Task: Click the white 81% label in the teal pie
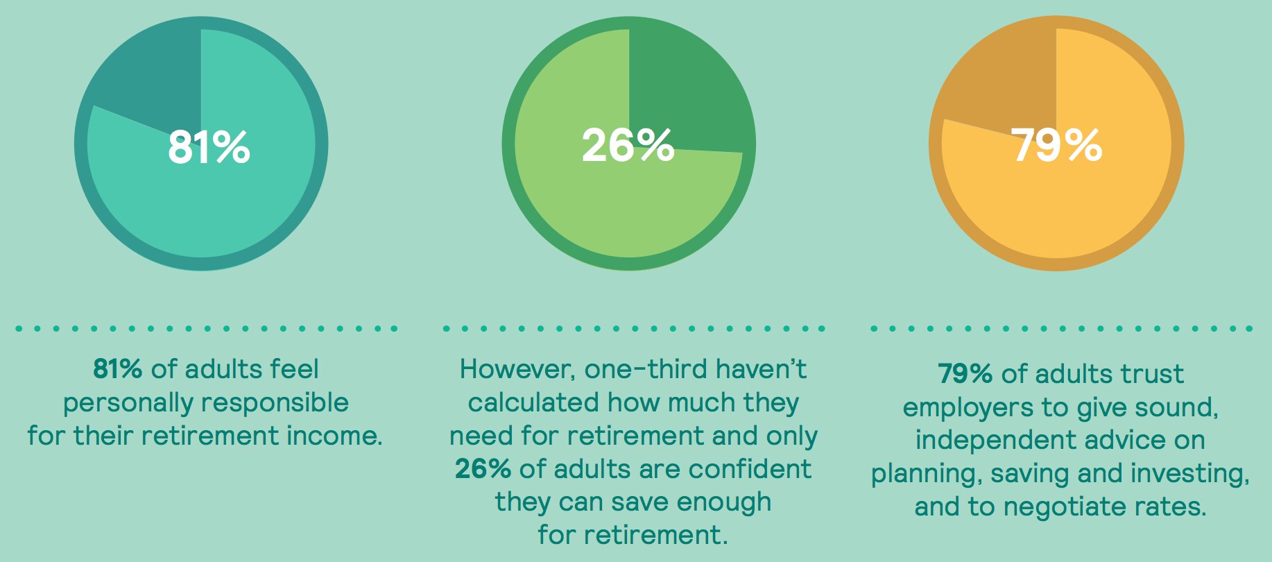tap(209, 146)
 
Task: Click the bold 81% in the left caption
tap(118, 369)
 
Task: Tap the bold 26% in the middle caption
tap(483, 469)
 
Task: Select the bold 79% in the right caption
tap(965, 374)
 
